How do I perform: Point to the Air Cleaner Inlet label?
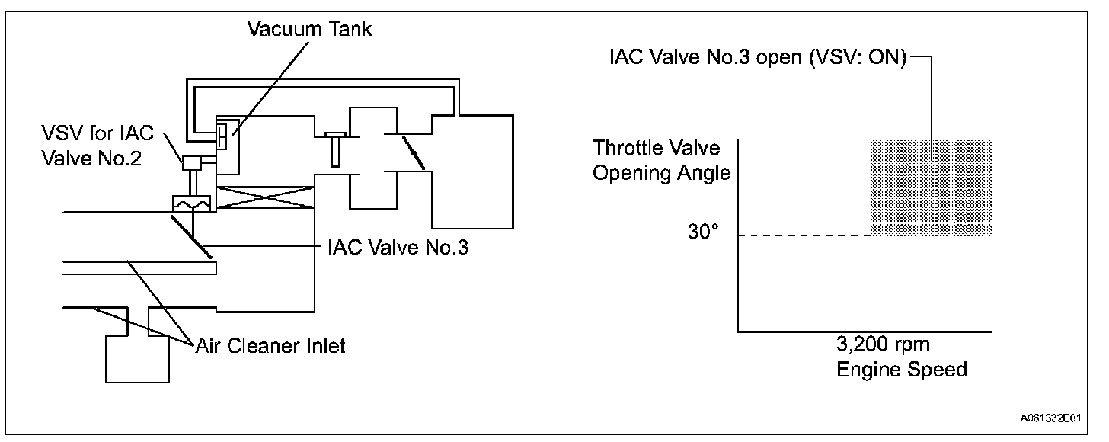[x=269, y=345]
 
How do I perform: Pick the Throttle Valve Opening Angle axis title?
[x=661, y=160]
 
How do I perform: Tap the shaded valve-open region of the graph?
[x=930, y=188]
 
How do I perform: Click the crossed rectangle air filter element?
[x=264, y=197]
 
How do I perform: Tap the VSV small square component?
[x=189, y=162]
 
